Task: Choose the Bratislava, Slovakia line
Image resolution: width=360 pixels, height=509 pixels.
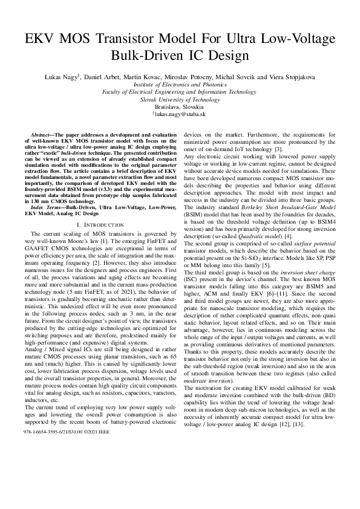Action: click(180, 106)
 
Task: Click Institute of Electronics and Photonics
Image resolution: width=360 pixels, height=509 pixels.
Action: click(180, 85)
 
